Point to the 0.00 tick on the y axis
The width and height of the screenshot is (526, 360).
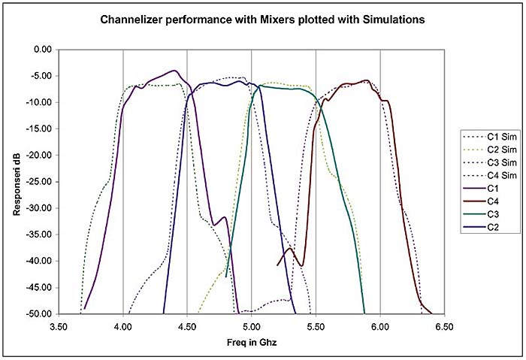pyautogui.click(x=39, y=50)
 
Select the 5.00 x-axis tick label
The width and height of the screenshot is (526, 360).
pyautogui.click(x=252, y=328)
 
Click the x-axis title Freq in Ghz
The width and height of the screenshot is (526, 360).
pyautogui.click(x=251, y=343)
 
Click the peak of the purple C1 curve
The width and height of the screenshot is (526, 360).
pyautogui.click(x=174, y=71)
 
